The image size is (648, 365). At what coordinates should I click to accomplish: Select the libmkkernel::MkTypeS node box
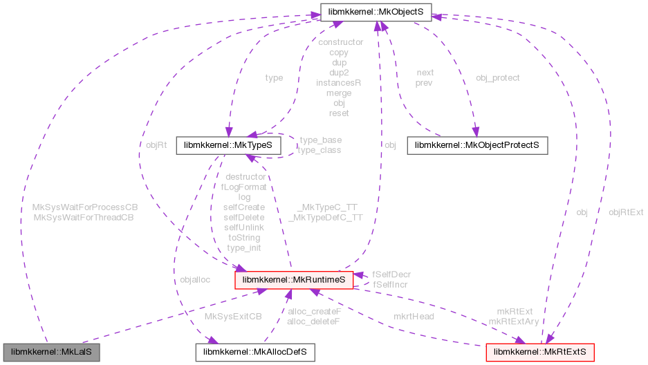click(229, 145)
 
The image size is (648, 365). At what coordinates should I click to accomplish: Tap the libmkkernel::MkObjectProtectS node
click(477, 145)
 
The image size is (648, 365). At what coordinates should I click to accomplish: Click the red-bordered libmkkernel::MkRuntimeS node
click(295, 279)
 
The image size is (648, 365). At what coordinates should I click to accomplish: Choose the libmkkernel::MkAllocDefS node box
click(254, 352)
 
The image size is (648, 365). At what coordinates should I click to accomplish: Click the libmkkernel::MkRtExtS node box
click(539, 352)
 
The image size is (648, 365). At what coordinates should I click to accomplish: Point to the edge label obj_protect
click(498, 78)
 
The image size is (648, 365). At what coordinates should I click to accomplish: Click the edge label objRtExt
click(626, 212)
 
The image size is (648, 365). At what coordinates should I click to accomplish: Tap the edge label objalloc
click(194, 279)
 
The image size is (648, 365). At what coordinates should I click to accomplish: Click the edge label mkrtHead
click(414, 316)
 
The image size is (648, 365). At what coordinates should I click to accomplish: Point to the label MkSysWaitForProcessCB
click(86, 207)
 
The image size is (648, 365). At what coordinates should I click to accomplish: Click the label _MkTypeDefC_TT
click(325, 217)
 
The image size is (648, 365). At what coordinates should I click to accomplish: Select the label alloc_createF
click(315, 311)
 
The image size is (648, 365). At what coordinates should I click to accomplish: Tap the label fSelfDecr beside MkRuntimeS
click(391, 274)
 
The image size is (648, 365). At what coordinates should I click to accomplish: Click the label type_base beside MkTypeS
click(320, 140)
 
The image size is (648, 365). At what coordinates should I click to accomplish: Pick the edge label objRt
click(156, 145)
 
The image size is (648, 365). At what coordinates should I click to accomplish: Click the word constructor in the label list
click(339, 42)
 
